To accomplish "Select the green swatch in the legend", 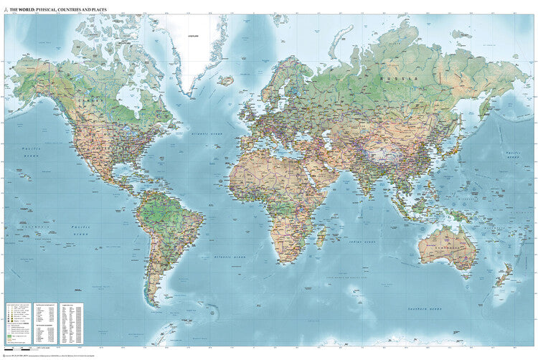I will pyautogui.click(x=9, y=334).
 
